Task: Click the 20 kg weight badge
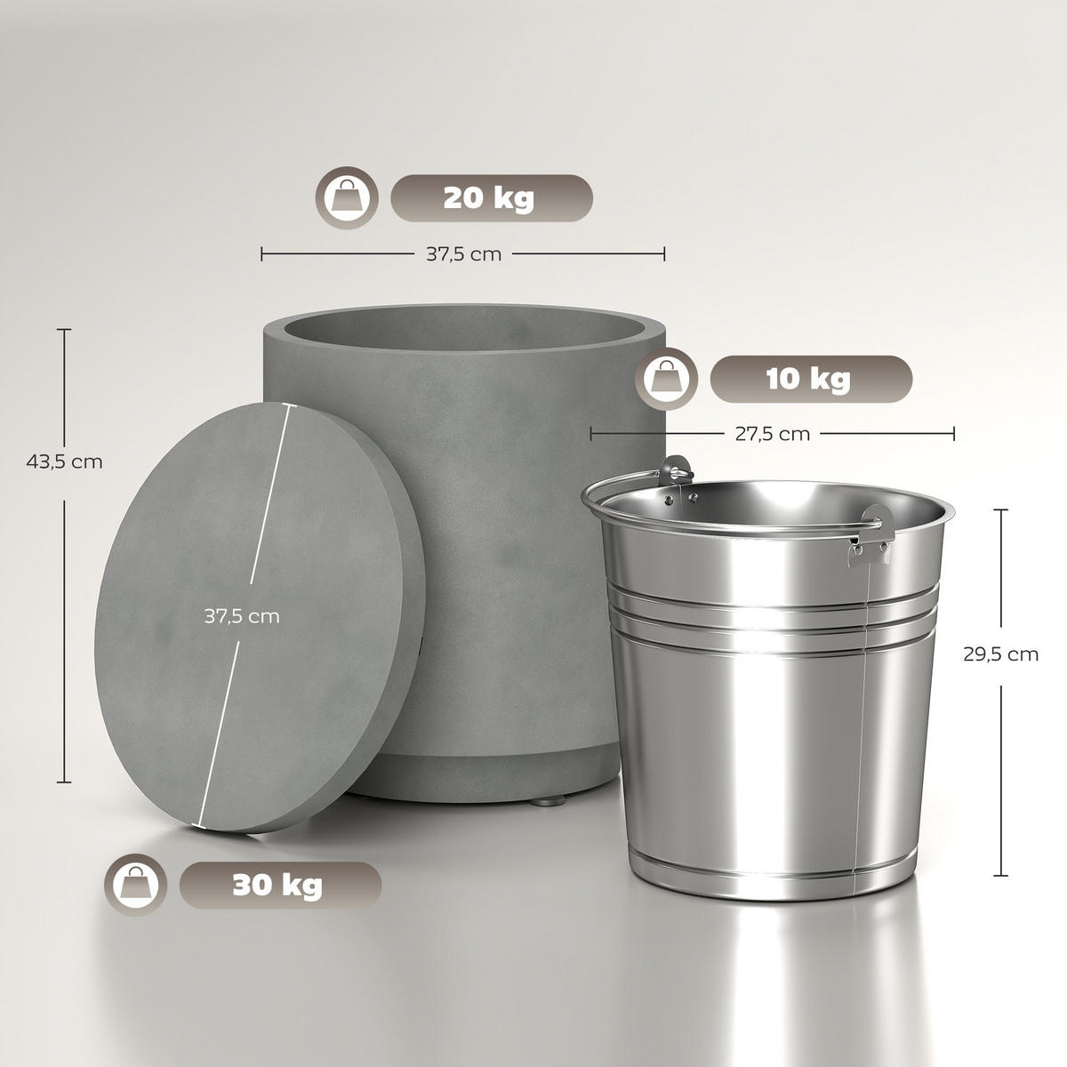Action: [491, 197]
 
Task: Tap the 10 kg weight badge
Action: [810, 379]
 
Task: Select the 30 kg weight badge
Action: [280, 885]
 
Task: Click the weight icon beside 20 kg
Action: [347, 197]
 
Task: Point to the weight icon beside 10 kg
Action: [666, 379]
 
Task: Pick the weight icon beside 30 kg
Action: [136, 885]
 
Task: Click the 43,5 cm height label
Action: [64, 462]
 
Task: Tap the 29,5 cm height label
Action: [1000, 654]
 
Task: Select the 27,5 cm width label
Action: [772, 434]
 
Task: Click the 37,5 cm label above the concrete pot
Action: [462, 254]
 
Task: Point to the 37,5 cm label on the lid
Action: [242, 616]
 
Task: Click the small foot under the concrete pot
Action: [547, 801]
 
